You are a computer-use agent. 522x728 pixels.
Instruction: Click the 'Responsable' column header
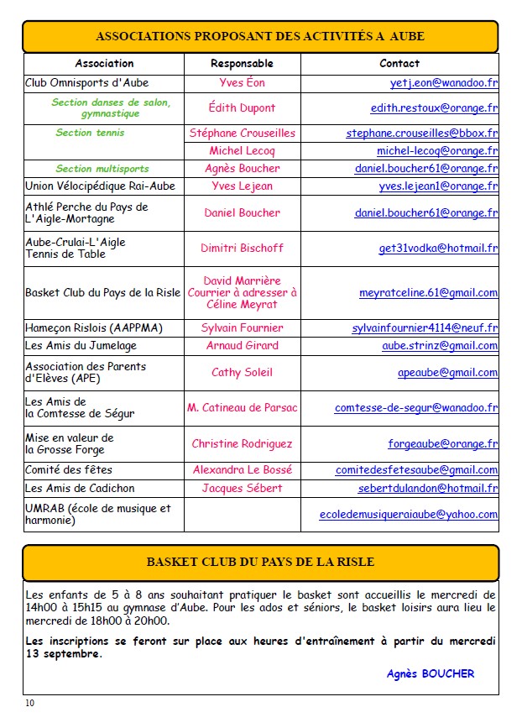pyautogui.click(x=242, y=64)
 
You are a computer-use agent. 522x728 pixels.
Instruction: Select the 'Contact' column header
pyautogui.click(x=399, y=64)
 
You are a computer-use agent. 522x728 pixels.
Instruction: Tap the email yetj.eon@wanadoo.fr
pyautogui.click(x=444, y=84)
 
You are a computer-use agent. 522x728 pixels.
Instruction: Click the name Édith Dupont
pyautogui.click(x=242, y=107)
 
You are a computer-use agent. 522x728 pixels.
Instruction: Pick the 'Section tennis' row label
pyautogui.click(x=90, y=133)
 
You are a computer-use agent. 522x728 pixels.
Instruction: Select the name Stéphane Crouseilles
pyautogui.click(x=242, y=133)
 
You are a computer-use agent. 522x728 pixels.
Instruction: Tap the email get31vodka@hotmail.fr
pyautogui.click(x=438, y=249)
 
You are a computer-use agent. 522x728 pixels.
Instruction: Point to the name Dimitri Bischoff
pyautogui.click(x=242, y=249)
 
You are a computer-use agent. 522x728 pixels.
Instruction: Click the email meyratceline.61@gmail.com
pyautogui.click(x=428, y=293)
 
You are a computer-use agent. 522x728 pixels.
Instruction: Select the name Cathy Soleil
pyautogui.click(x=242, y=373)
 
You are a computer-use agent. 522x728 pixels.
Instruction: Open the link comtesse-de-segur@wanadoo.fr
pyautogui.click(x=416, y=408)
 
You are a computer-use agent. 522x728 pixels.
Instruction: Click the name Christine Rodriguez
pyautogui.click(x=242, y=444)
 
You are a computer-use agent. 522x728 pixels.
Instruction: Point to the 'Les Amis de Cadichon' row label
pyautogui.click(x=80, y=488)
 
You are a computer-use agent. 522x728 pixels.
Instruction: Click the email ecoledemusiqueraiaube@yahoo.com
pyautogui.click(x=409, y=515)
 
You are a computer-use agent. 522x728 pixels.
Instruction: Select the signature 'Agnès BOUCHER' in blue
pyautogui.click(x=431, y=673)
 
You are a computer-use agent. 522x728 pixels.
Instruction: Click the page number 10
pyautogui.click(x=30, y=703)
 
